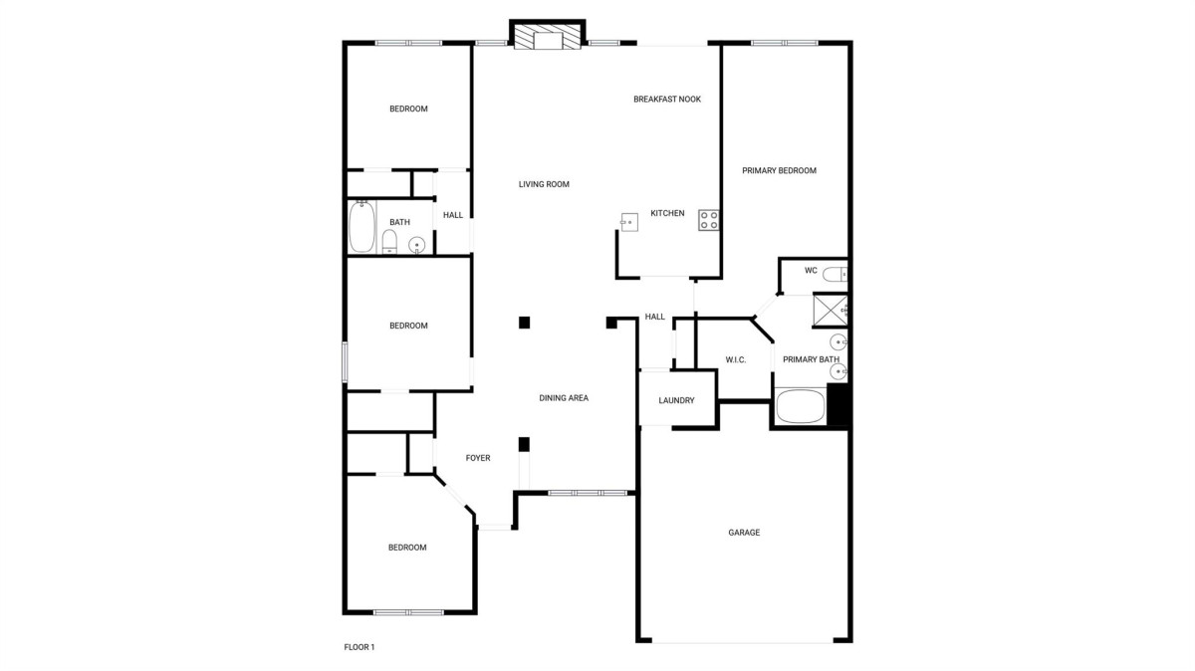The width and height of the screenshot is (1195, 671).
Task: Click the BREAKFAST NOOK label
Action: (x=667, y=100)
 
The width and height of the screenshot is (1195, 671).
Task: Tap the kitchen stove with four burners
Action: (x=708, y=220)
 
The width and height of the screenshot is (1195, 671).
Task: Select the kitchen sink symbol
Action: (x=629, y=222)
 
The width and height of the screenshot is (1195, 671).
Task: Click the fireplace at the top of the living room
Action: (x=548, y=35)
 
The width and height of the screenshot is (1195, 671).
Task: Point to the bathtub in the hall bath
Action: (x=362, y=227)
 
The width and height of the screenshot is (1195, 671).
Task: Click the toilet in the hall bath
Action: (x=389, y=242)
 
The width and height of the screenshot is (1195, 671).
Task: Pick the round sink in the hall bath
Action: (x=416, y=245)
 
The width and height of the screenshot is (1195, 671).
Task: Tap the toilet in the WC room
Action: (x=835, y=274)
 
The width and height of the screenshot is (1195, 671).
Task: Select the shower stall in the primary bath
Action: (x=831, y=310)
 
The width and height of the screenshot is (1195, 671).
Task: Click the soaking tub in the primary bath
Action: (x=800, y=406)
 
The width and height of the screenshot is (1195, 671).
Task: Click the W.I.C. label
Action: (x=735, y=360)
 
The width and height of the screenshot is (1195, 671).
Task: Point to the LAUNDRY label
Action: (x=676, y=400)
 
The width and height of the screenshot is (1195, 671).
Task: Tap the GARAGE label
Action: (x=744, y=533)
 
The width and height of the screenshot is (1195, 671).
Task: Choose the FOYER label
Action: (x=478, y=458)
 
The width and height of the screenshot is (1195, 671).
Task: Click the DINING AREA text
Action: (x=564, y=398)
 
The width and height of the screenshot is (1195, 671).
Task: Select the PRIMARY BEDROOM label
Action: (x=779, y=170)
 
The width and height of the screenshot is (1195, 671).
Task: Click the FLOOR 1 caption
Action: (x=359, y=647)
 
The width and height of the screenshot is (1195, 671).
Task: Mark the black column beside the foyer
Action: (x=524, y=444)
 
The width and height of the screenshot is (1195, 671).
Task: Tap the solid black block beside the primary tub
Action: (x=837, y=404)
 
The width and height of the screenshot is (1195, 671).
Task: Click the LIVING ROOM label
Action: (x=544, y=184)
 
